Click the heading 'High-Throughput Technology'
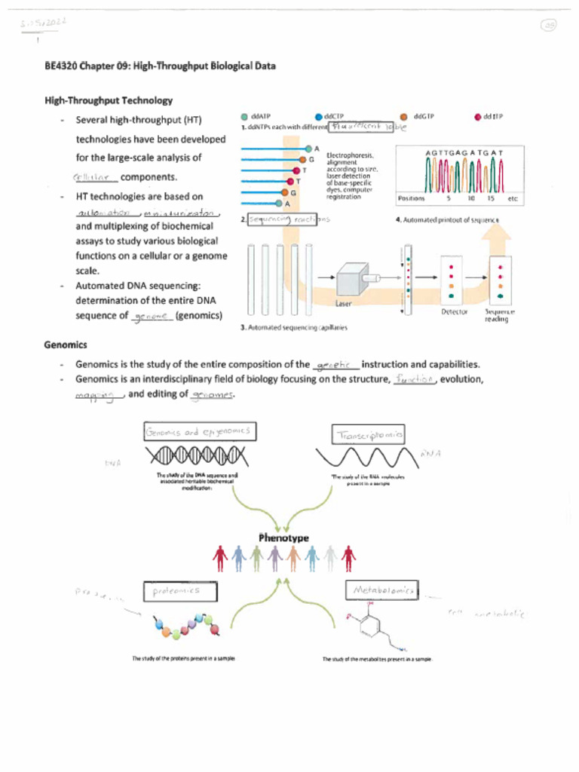point(109,100)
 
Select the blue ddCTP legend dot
point(318,117)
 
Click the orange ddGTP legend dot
point(404,117)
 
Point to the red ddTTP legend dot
point(477,117)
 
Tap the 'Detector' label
point(454,311)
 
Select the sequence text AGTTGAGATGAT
point(464,153)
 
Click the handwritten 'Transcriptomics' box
point(368,435)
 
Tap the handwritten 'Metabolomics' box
point(383,591)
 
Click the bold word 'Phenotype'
point(283,538)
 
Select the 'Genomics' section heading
point(66,345)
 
